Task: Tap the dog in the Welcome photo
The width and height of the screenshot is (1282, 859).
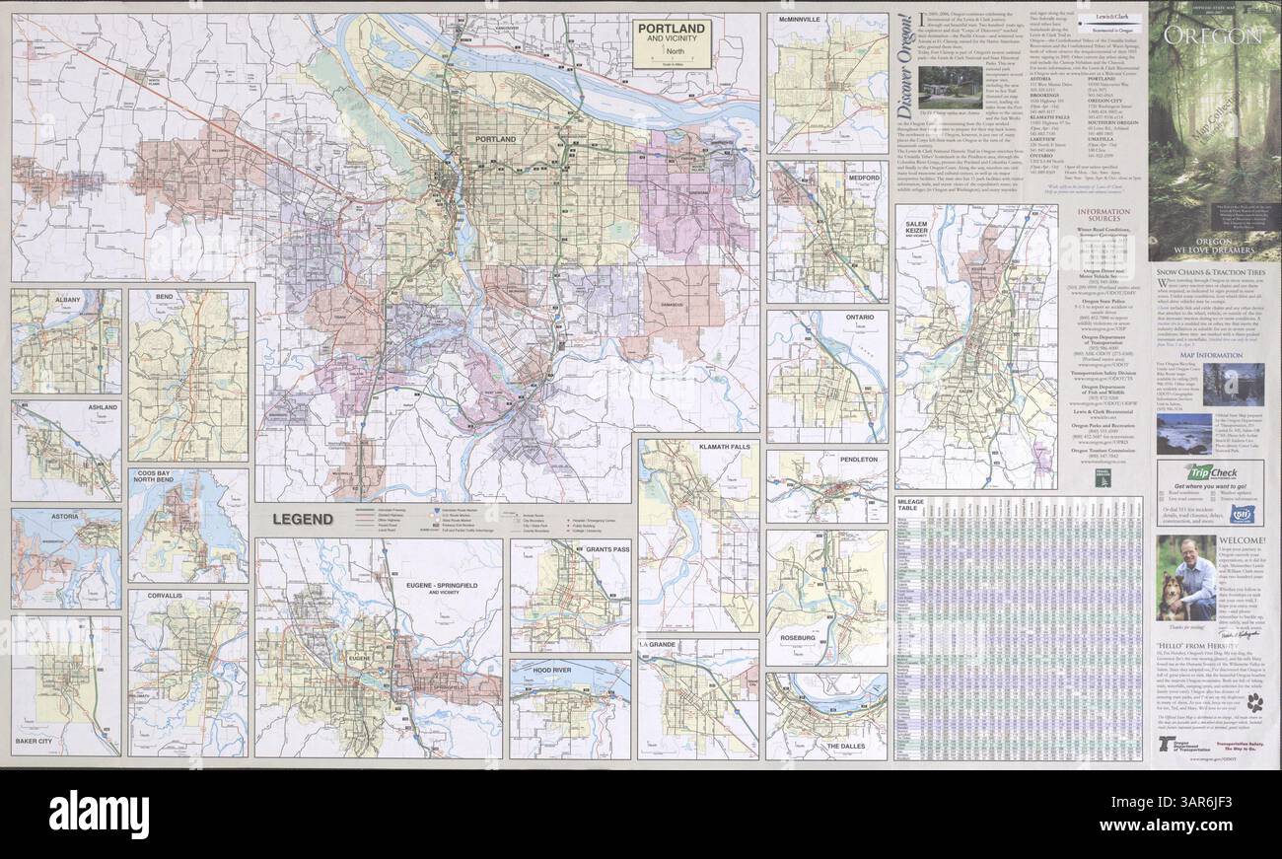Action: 1175,597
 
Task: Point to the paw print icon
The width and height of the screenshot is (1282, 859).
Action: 1253,702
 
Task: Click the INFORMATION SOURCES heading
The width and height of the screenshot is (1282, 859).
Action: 1104,217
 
